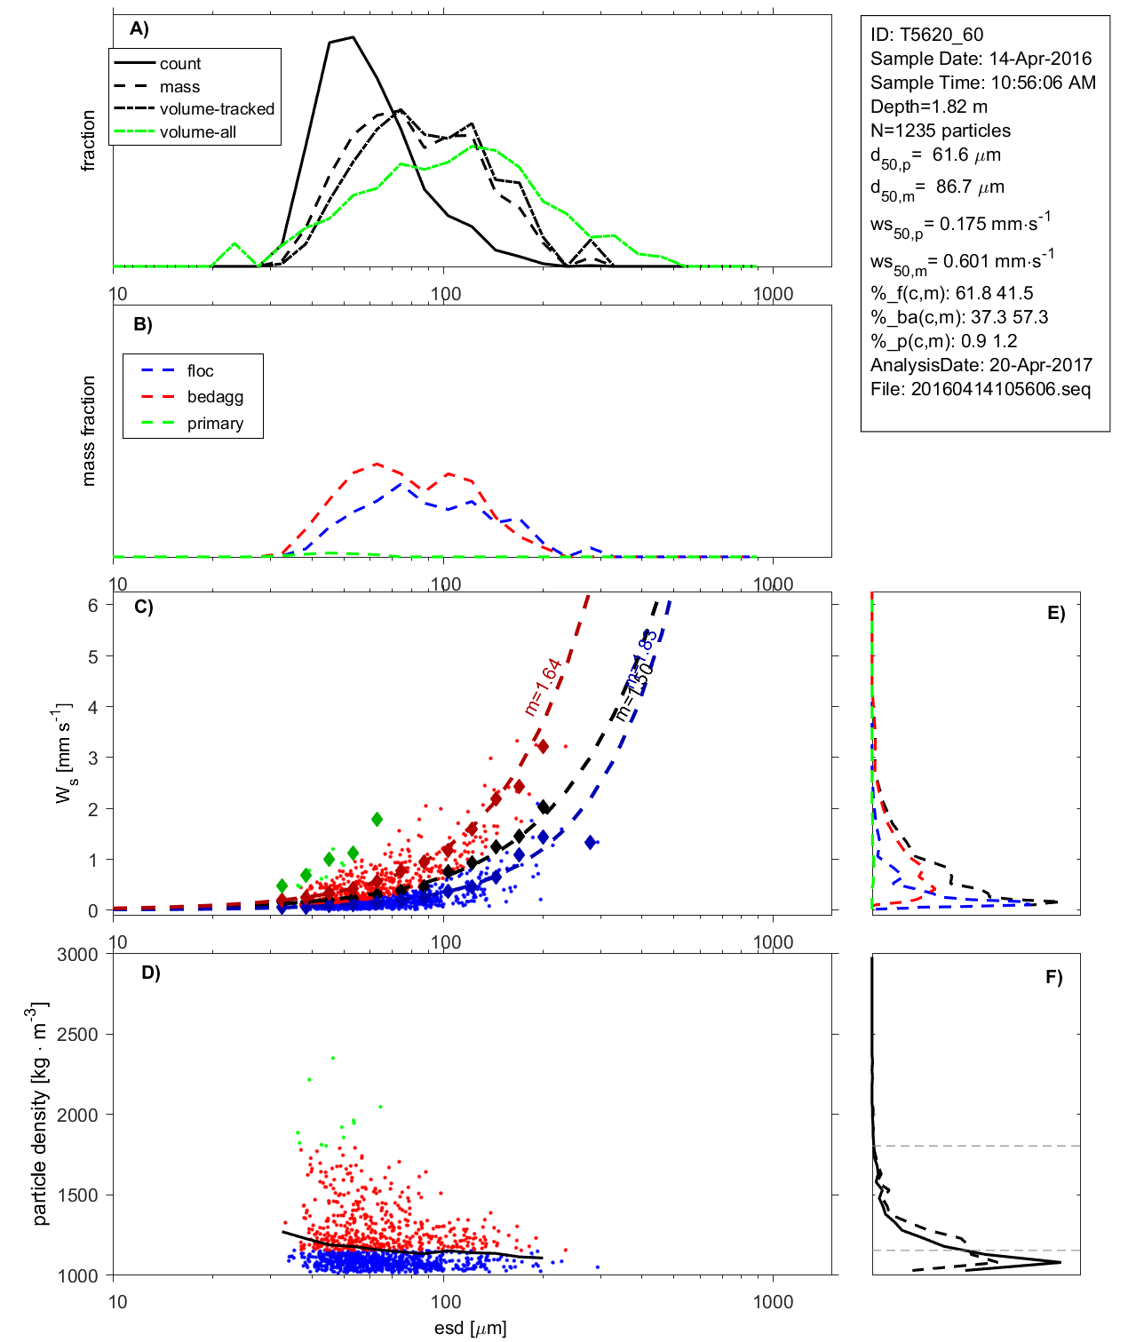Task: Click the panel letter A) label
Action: click(x=139, y=28)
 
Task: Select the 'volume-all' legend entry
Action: click(x=197, y=132)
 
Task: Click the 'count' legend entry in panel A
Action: click(x=180, y=64)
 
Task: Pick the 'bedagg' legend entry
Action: click(x=215, y=397)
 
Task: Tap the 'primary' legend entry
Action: click(x=215, y=424)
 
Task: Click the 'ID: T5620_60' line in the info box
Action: click(x=926, y=35)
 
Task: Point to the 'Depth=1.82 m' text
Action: click(x=928, y=107)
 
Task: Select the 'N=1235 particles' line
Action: click(x=940, y=131)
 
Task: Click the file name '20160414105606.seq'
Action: click(x=1000, y=389)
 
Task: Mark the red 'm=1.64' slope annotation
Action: click(x=543, y=687)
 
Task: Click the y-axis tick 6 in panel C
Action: click(x=92, y=605)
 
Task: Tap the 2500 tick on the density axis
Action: click(x=78, y=1035)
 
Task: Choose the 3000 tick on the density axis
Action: click(x=78, y=955)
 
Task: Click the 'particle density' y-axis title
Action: click(x=39, y=1114)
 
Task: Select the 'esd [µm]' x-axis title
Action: click(x=470, y=1328)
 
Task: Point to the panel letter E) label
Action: click(x=1056, y=613)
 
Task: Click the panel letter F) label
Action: click(x=1054, y=977)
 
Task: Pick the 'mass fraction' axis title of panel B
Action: click(x=88, y=431)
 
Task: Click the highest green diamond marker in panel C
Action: click(x=377, y=819)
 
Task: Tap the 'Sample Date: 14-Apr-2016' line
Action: click(x=981, y=59)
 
